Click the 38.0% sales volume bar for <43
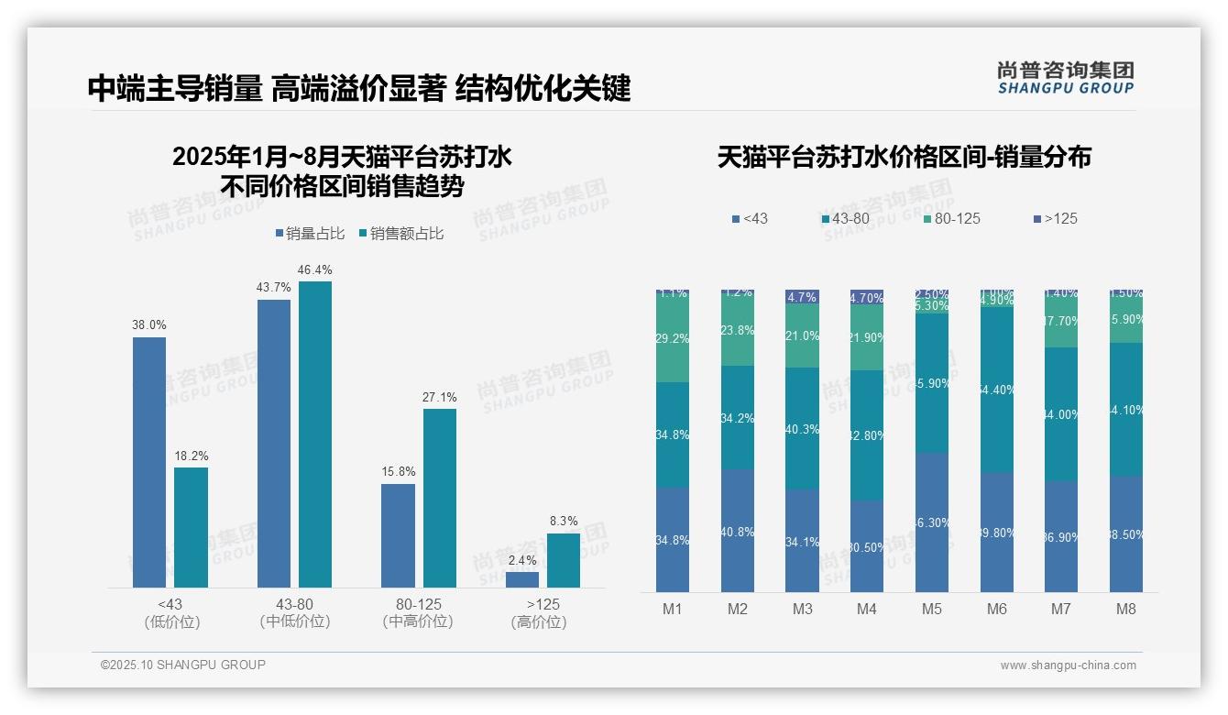pyautogui.click(x=149, y=462)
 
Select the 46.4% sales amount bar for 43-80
pyautogui.click(x=315, y=434)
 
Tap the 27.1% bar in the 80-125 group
pyautogui.click(x=440, y=498)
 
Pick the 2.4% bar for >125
pyautogui.click(x=522, y=579)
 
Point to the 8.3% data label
pyautogui.click(x=564, y=522)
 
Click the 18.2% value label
pyautogui.click(x=191, y=456)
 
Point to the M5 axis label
pyautogui.click(x=932, y=609)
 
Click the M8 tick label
pyautogui.click(x=1126, y=609)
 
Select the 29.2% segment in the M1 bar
pyautogui.click(x=673, y=339)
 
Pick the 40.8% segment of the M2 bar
pyautogui.click(x=738, y=531)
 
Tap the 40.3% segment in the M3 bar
pyautogui.click(x=803, y=428)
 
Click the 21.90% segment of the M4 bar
pyautogui.click(x=867, y=337)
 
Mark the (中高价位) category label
pyautogui.click(x=418, y=621)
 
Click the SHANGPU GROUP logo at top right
pyautogui.click(x=1066, y=78)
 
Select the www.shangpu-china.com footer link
pyautogui.click(x=1068, y=665)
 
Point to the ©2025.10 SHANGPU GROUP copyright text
pyautogui.click(x=183, y=665)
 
